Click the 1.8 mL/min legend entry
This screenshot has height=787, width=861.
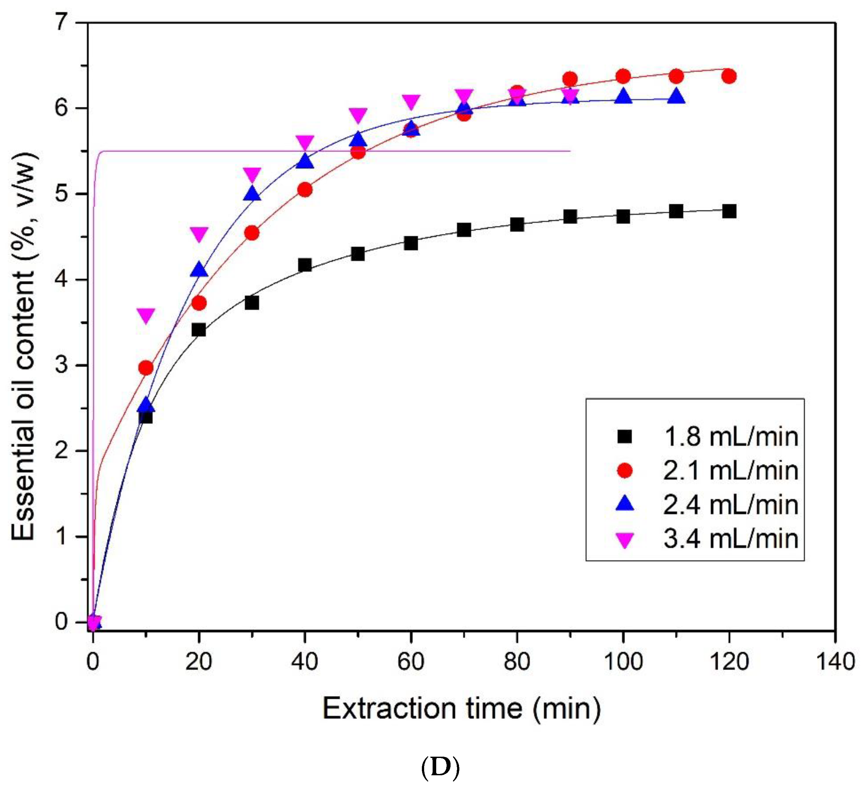click(730, 437)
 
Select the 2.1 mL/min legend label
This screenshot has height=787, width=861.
click(730, 470)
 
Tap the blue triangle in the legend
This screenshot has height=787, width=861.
click(624, 504)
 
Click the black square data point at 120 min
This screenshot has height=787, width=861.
click(729, 211)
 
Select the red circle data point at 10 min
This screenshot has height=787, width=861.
click(146, 368)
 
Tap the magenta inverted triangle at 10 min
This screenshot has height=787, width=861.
click(146, 316)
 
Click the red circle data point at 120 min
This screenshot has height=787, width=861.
click(729, 76)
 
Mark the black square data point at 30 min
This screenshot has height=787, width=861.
click(252, 303)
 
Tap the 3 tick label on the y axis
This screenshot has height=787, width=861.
click(63, 365)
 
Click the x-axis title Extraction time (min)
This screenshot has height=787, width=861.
click(462, 709)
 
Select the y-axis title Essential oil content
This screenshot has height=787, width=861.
click(23, 346)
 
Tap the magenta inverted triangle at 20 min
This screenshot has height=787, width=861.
click(199, 234)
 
